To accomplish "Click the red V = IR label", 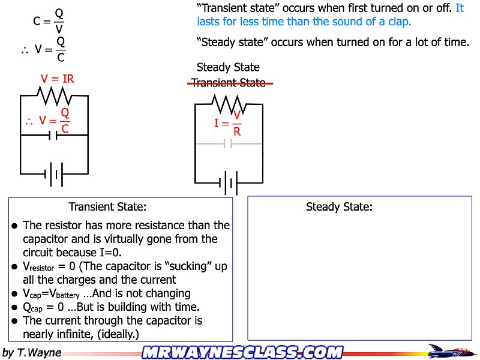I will [57, 79].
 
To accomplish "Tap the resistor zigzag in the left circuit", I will [55, 95].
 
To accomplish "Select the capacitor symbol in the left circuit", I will [54, 136].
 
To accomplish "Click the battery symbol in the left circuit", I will [54, 175].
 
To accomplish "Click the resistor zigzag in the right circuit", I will [229, 105].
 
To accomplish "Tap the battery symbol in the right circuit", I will [229, 182].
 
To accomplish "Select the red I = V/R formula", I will [229, 124].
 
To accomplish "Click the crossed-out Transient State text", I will [229, 83].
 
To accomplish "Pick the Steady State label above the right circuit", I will [228, 67].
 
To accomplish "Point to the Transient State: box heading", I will [107, 207].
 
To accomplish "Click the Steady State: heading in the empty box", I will [339, 207].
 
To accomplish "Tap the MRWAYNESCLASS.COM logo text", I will [242, 352].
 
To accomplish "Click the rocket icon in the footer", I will [449, 351].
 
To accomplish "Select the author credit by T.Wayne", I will [32, 352].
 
